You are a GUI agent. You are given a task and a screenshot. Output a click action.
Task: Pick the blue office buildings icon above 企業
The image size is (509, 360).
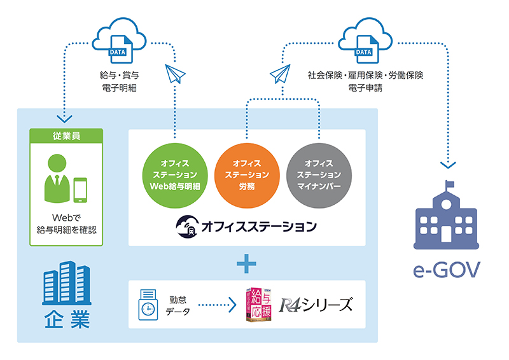[x=64, y=286]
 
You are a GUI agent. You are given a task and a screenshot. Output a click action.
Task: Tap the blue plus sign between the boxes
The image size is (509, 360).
[x=247, y=263]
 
